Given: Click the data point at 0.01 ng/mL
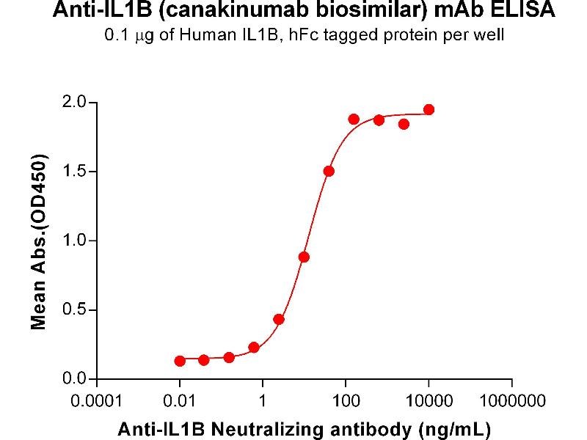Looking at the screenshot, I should click(180, 361).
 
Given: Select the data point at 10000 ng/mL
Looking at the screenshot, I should click(429, 110).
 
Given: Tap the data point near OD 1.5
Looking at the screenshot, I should click(329, 171).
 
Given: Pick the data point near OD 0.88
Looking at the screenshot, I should click(304, 257).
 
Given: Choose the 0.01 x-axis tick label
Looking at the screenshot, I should click(180, 402).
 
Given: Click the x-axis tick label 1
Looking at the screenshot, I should click(263, 402).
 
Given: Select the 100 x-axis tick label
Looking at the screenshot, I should click(346, 402).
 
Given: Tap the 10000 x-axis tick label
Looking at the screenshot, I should click(429, 402).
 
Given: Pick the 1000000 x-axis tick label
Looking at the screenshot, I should click(512, 402).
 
